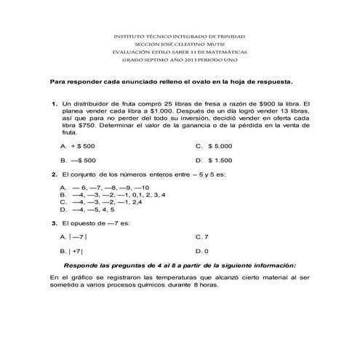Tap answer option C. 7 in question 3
(x=202, y=237)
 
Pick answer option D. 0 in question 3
(x=202, y=252)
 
